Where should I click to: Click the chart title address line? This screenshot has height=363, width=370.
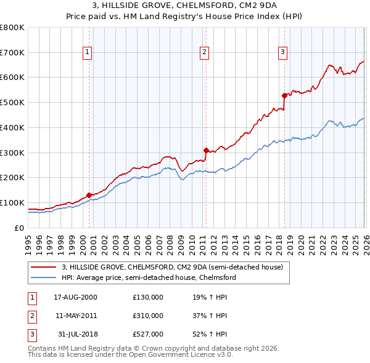point(185,6)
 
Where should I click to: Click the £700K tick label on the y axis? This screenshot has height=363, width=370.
point(12,52)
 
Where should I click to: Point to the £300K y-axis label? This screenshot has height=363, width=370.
point(12,153)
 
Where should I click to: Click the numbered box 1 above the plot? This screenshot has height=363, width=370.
point(88,53)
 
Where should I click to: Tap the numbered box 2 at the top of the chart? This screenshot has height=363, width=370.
point(204,53)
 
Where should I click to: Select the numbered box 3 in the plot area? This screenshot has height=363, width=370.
point(282,53)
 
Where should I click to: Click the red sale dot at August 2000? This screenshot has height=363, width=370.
point(89,195)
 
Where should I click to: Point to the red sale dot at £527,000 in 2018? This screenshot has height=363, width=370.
point(284,95)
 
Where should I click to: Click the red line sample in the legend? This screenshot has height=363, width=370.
point(44,268)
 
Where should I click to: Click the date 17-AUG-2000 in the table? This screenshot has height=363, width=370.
point(75,297)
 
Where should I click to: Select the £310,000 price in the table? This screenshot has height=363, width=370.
point(148,316)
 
